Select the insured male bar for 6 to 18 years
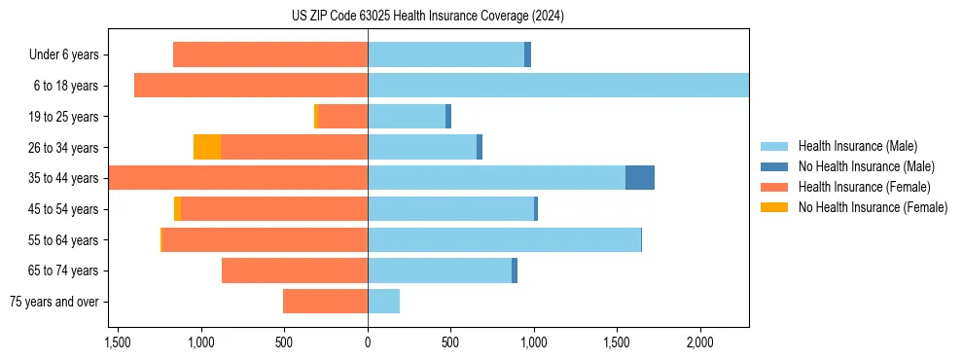click(558, 86)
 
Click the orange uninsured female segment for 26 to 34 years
click(207, 147)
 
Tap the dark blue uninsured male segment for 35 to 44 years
click(639, 178)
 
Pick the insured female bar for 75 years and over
click(325, 302)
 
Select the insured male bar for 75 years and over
click(383, 302)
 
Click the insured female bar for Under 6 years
click(270, 54)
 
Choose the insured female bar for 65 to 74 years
click(295, 270)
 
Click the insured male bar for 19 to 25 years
click(407, 117)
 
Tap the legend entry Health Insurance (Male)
click(856, 146)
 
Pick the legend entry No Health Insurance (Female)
click(873, 207)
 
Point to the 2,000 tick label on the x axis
click(700, 343)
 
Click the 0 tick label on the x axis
click(368, 343)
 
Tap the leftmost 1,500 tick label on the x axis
click(117, 343)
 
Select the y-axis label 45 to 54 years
click(63, 209)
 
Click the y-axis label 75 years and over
click(53, 302)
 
